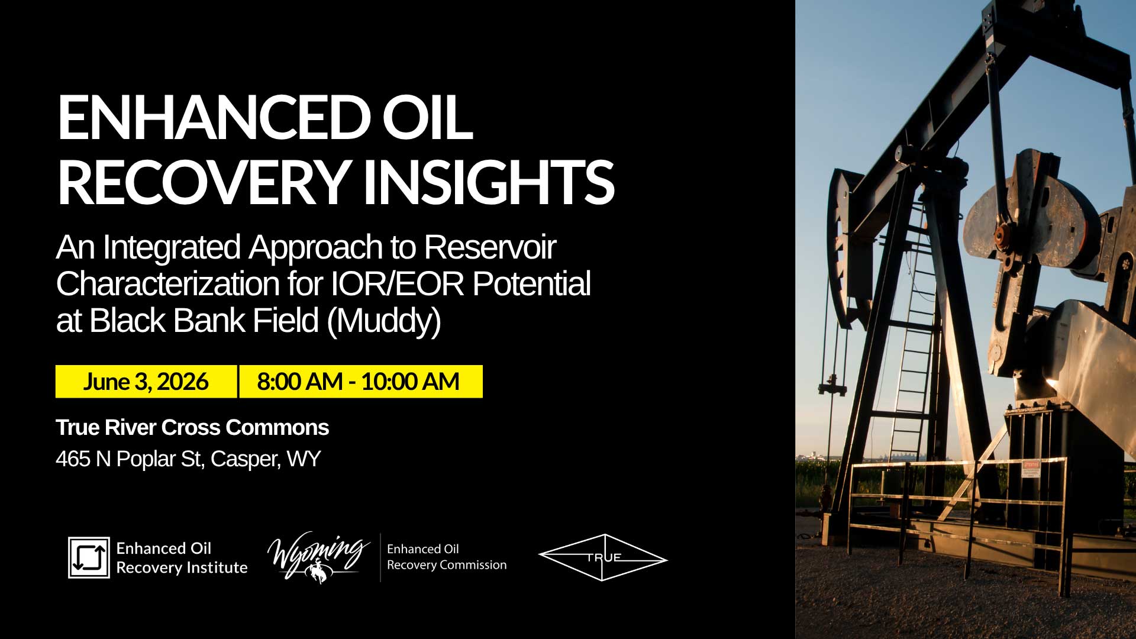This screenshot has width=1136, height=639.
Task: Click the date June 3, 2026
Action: click(146, 382)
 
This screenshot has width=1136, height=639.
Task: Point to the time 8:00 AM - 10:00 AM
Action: click(359, 382)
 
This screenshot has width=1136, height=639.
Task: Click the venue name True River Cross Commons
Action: click(192, 427)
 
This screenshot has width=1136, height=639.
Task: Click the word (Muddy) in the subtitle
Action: click(383, 321)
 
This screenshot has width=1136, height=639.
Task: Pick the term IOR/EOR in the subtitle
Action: click(397, 284)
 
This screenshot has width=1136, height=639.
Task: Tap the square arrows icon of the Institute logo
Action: click(89, 557)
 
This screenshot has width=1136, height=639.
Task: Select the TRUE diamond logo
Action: click(603, 557)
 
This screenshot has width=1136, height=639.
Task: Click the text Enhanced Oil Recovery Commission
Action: click(446, 557)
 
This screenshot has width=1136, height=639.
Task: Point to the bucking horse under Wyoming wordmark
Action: click(318, 571)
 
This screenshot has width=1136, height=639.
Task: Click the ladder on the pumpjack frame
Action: click(915, 331)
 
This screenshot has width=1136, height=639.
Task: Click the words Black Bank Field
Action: click(204, 321)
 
